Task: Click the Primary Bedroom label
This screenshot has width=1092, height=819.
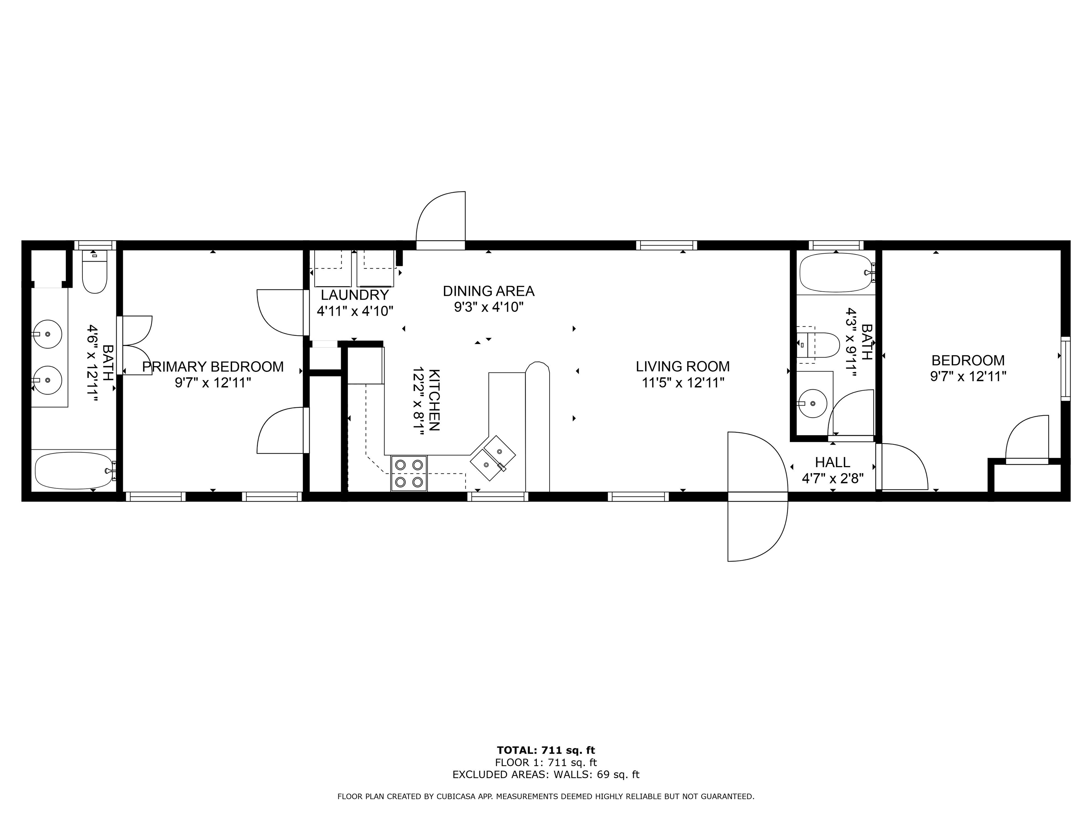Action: (213, 367)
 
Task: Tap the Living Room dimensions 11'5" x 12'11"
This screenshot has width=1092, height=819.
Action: (683, 382)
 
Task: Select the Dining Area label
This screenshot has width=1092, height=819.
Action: (488, 291)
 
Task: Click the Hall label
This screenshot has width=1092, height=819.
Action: (832, 462)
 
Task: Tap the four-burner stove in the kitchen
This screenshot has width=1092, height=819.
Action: (409, 473)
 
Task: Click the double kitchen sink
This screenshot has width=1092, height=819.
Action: (493, 457)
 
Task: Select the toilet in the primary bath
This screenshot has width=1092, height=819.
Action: (94, 272)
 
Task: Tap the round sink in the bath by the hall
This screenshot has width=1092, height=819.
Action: (813, 403)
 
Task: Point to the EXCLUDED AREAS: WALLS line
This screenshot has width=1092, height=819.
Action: (546, 775)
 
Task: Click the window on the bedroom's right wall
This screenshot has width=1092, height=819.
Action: (1065, 368)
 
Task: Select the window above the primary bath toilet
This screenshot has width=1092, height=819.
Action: (95, 245)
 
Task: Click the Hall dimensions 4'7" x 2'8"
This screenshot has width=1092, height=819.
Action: (832, 478)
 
